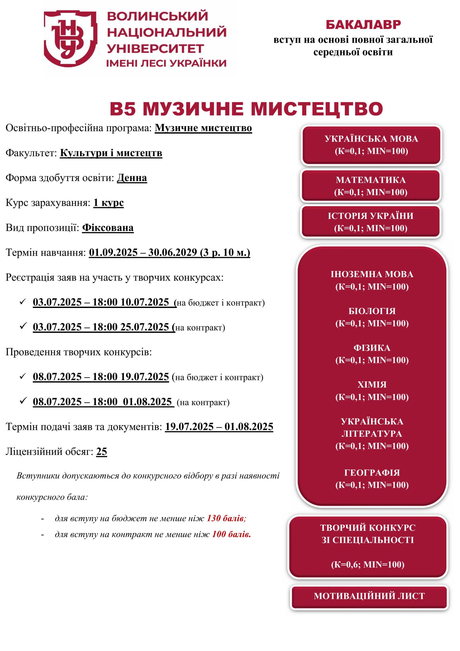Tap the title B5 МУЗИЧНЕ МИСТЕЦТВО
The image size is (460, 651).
[246, 109]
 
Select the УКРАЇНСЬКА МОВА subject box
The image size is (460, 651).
[371, 145]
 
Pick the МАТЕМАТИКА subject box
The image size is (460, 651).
[371, 186]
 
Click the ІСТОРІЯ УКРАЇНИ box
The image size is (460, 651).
[371, 222]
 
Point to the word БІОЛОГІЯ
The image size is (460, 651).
[372, 311]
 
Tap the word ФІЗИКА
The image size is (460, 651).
[372, 348]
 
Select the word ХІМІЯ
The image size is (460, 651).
[372, 384]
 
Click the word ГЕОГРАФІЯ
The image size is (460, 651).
[372, 473]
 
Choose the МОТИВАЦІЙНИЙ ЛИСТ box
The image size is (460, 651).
[369, 596]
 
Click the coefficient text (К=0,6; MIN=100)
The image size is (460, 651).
[367, 564]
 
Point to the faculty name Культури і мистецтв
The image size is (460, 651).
[111, 153]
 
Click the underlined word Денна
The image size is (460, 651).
[132, 178]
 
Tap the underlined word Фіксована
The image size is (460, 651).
[108, 228]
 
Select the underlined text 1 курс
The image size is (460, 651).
[109, 203]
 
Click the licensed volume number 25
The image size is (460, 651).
[101, 452]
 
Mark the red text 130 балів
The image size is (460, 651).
[226, 518]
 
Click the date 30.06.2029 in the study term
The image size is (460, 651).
[172, 252]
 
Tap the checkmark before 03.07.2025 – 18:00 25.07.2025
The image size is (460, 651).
[23, 326]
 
